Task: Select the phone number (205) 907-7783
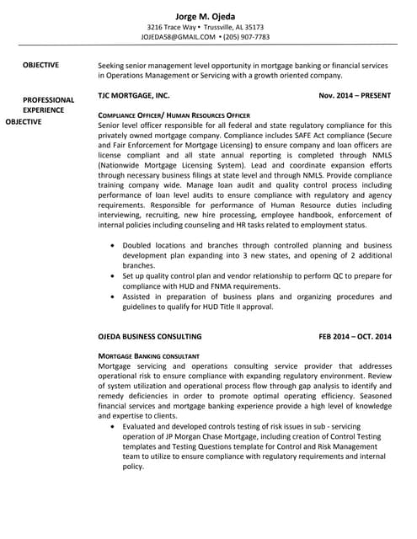tap(247, 37)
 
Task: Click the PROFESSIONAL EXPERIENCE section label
tap(48, 104)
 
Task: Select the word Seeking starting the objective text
tap(114, 65)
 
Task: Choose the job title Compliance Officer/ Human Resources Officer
tap(174, 115)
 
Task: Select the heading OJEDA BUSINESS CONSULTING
tap(150, 337)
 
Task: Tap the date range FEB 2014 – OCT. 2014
tap(355, 337)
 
